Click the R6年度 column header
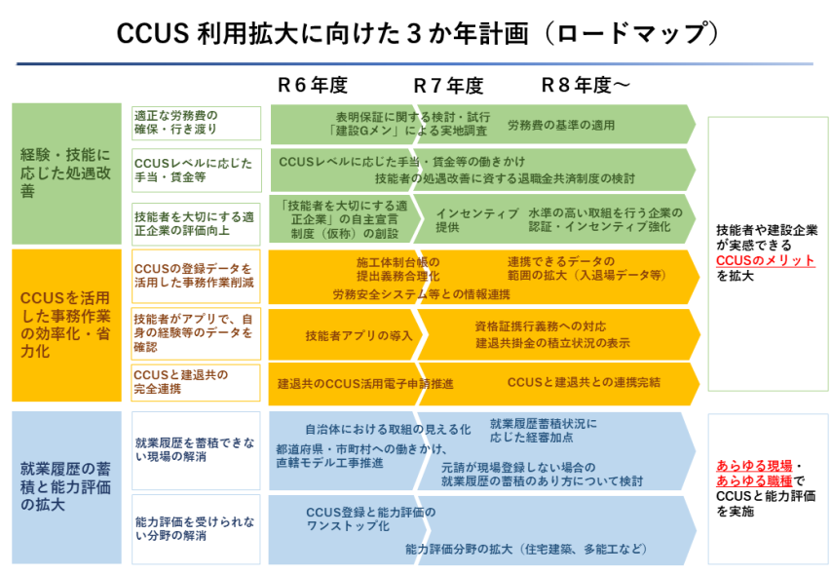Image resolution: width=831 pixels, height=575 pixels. coord(312,85)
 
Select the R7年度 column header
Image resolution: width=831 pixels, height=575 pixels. coord(448,86)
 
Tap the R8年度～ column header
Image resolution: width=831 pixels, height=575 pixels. coord(585,85)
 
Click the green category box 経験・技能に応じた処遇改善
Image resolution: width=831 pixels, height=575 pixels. coord(67,173)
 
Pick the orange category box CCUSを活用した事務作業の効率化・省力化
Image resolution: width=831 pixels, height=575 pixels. coord(67,326)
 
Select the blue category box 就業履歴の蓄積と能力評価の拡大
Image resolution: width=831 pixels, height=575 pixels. coord(67,487)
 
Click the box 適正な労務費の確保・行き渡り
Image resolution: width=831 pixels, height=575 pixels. coord(196,123)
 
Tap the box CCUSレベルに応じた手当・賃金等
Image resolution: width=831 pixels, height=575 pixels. coord(196,171)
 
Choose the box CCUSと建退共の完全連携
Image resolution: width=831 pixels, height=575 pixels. coord(196,382)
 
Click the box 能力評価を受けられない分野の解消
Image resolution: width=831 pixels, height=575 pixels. coord(196,529)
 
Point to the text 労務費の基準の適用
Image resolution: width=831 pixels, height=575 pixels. coord(561,125)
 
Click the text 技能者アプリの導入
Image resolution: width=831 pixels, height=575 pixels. coord(359,335)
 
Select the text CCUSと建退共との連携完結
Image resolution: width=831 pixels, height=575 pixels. coord(584,382)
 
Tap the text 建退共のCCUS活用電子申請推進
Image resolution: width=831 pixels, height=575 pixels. coord(365,383)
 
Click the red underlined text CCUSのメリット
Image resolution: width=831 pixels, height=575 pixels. coord(766,260)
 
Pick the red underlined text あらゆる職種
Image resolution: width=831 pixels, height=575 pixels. coord(754,480)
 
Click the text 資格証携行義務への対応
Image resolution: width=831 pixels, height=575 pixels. coord(540,326)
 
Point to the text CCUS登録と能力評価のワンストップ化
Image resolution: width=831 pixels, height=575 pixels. coord(371,518)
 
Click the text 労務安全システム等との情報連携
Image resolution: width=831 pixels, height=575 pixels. coord(421,294)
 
